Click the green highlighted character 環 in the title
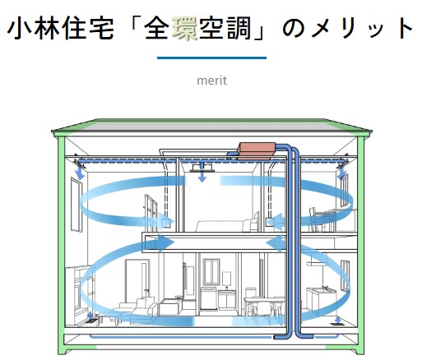(x=185, y=28)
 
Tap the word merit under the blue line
(x=211, y=81)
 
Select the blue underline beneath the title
(x=211, y=58)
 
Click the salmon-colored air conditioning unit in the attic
(x=257, y=150)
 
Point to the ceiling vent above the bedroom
(x=202, y=167)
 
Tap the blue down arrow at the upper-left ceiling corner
(x=80, y=173)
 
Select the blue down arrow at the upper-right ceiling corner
(x=342, y=173)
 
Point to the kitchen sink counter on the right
(x=320, y=298)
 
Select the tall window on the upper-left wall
(x=77, y=205)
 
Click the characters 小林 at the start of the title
(x=34, y=28)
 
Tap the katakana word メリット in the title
(x=363, y=28)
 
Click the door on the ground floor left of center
(x=137, y=279)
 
